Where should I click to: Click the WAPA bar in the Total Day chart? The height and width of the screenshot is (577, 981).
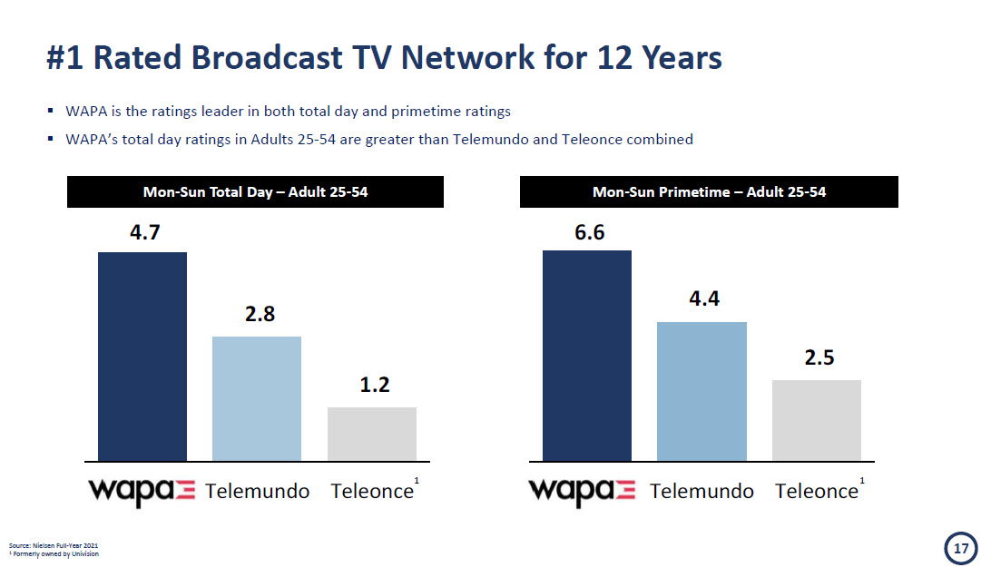142,356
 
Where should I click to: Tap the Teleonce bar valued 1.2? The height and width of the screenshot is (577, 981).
372,434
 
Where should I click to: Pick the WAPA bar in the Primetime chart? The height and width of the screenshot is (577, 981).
587,355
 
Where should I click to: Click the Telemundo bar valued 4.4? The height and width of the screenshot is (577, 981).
701,391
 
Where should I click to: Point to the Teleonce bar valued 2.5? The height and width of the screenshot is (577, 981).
817,420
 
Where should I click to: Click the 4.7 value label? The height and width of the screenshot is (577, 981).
145,232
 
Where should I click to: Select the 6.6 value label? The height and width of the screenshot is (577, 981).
590,232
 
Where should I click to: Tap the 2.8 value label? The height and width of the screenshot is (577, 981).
260,315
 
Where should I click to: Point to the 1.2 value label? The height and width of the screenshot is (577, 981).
375,386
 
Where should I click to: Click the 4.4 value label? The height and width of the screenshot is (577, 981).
704,299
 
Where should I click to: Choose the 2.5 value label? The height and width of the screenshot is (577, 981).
819,357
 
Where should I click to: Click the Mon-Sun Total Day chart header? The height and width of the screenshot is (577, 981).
255,192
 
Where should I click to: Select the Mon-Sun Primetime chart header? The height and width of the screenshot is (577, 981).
709,192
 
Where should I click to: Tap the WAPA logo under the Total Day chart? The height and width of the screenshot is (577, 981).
142,491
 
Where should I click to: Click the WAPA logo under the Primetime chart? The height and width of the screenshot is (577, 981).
582,491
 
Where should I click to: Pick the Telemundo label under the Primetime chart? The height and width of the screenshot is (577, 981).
701,492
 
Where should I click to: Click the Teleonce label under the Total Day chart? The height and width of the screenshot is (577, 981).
372,492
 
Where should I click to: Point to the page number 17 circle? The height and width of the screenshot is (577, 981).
959,548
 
